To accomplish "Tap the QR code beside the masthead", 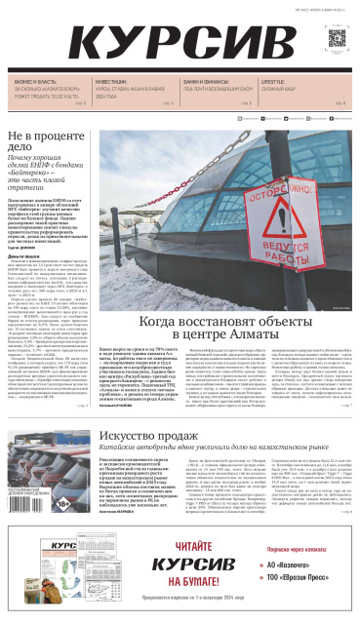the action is coord(339,40).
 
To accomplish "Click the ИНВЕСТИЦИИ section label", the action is coord(114,83).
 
